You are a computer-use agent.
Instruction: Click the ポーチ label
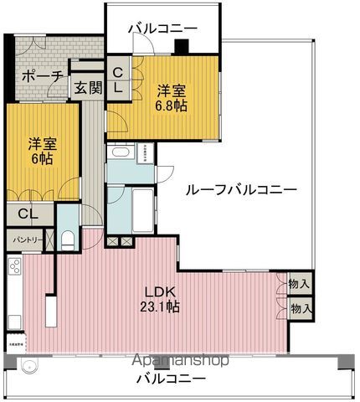click(41, 77)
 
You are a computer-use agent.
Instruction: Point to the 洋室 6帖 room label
click(39, 149)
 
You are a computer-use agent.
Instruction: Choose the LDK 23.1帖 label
click(162, 298)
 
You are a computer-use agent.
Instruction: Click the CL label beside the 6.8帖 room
click(118, 79)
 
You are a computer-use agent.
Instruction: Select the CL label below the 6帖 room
click(28, 214)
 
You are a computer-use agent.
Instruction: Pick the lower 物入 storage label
click(300, 308)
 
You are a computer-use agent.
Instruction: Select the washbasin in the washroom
click(119, 155)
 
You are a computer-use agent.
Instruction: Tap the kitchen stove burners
click(13, 269)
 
